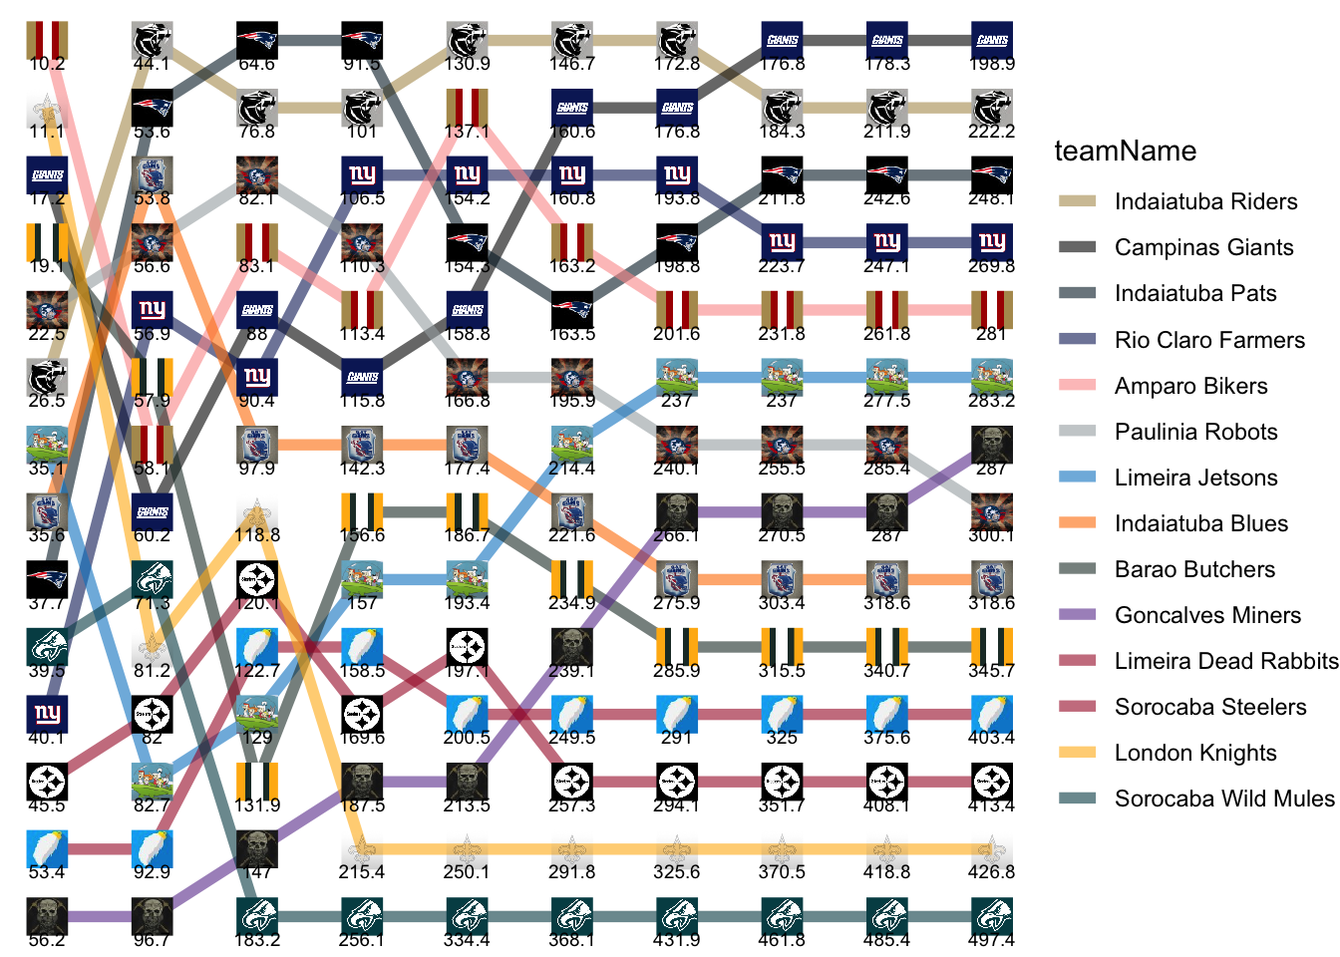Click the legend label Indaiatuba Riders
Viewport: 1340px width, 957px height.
[x=1205, y=201]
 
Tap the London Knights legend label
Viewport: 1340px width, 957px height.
[x=1195, y=753]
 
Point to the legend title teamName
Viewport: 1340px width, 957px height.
[x=1125, y=151]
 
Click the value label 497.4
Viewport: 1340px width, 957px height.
[x=991, y=939]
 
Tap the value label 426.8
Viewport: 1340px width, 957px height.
[x=991, y=871]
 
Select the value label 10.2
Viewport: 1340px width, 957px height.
[x=47, y=64]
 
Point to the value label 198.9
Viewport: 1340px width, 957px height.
[x=991, y=64]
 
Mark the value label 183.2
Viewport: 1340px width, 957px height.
[x=257, y=939]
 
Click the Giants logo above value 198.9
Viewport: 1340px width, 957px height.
[x=992, y=41]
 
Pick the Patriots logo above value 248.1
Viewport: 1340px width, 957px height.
[x=992, y=175]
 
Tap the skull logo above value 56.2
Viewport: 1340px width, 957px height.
[x=47, y=916]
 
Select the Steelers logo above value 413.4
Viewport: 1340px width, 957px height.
[x=992, y=782]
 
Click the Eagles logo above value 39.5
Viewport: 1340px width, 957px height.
[x=47, y=647]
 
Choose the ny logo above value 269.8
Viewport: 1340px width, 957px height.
[x=992, y=243]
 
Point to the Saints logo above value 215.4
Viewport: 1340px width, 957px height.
[x=362, y=849]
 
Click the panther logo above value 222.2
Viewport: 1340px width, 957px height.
[x=992, y=108]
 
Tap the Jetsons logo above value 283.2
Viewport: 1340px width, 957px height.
[x=992, y=378]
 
